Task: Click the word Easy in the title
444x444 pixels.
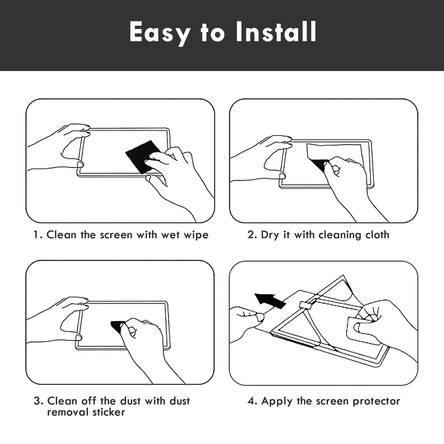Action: [x=160, y=33]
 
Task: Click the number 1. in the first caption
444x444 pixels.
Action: [x=38, y=235]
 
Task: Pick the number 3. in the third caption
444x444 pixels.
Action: [x=39, y=401]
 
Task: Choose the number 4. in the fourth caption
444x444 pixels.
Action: [x=253, y=401]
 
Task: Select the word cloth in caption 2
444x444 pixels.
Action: [x=377, y=235]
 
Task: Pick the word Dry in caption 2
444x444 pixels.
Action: [x=270, y=235]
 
